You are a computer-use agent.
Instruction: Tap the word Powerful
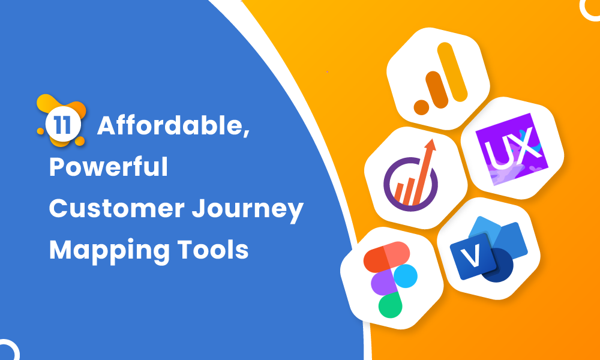tap(109, 166)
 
